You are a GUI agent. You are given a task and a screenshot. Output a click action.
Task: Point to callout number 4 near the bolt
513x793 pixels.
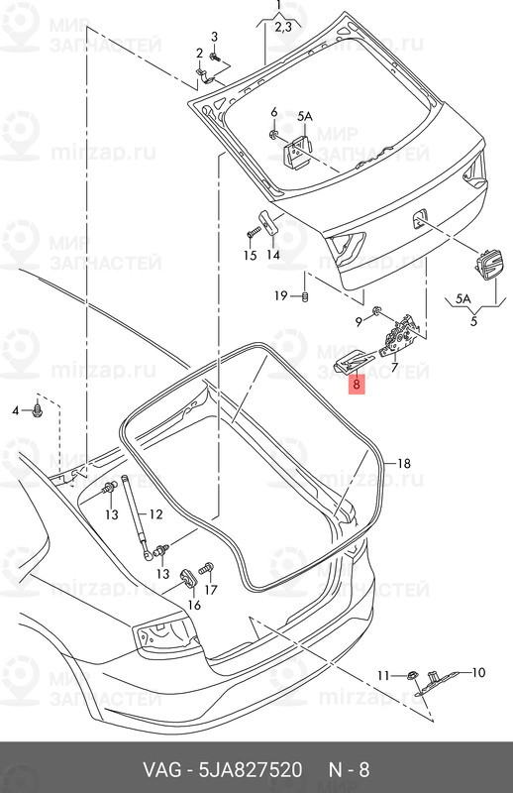pos(16,410)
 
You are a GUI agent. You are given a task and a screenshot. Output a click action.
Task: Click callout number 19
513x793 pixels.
pos(280,295)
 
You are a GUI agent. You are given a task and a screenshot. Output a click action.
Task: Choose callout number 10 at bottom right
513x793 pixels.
pos(478,673)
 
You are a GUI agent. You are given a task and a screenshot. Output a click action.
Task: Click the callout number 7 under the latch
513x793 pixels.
pos(394,367)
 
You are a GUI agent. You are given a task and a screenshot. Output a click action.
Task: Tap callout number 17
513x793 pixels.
pos(211,590)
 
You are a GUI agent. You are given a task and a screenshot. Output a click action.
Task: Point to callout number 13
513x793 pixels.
pos(111,514)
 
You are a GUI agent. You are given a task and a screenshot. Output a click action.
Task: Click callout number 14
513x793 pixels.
pos(272,255)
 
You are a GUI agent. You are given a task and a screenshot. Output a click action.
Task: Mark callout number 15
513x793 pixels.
pos(250,255)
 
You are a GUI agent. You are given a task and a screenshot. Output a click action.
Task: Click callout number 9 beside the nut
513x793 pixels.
pos(359,321)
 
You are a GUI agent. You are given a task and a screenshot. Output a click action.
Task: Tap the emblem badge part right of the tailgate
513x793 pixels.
pos(487,266)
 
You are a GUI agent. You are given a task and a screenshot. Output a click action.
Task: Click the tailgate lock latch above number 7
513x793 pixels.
pos(403,332)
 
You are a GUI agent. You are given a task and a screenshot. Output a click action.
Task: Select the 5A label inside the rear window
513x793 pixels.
pos(304,116)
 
